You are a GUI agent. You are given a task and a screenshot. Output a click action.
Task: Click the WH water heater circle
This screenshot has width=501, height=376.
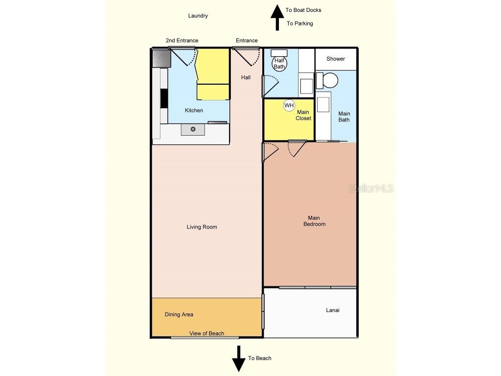click(289, 105)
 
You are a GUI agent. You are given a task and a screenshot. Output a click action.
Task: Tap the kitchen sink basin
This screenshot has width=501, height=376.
click(193, 129)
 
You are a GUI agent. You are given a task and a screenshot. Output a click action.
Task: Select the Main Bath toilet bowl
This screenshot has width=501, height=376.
click(331, 80)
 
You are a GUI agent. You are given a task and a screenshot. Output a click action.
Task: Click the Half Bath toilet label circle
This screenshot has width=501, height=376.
click(279, 64)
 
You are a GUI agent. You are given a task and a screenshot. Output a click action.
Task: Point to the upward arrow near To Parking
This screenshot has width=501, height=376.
click(277, 17)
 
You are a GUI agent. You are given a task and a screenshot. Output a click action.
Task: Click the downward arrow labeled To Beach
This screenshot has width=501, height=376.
click(239, 358)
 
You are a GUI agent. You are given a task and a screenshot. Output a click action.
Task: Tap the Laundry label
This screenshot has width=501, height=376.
click(198, 16)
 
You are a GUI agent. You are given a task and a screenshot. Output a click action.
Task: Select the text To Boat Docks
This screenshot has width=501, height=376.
click(303, 10)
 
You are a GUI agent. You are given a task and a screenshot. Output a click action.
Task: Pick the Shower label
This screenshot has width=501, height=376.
click(336, 59)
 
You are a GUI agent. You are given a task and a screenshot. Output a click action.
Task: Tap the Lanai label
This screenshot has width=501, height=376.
click(333, 310)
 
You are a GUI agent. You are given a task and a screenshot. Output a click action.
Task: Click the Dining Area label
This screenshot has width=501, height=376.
click(179, 314)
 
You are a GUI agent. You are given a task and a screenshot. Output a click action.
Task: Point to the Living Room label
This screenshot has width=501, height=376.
click(202, 227)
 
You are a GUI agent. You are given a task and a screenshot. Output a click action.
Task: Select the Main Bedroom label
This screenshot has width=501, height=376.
click(314, 221)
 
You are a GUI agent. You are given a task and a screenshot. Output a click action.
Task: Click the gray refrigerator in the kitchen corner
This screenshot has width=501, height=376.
click(161, 58)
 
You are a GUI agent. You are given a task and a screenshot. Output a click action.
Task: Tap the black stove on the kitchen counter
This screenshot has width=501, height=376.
click(164, 98)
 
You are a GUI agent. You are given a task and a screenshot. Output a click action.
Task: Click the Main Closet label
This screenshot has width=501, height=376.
click(303, 115)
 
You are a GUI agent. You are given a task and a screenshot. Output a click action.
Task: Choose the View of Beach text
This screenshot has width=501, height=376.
click(206, 333)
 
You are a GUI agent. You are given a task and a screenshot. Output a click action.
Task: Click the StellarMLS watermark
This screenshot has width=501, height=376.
click(371, 188)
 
